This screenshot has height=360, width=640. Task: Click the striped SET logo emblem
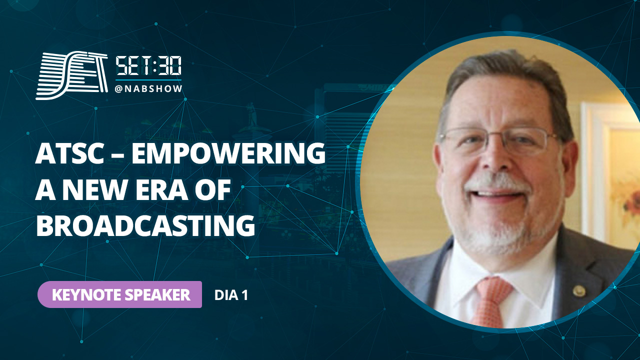[71, 75]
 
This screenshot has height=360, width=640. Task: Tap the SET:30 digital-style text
[148, 66]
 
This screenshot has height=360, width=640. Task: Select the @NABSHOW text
[148, 89]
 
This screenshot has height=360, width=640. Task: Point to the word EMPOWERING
[228, 154]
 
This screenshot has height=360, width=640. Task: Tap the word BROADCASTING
[145, 226]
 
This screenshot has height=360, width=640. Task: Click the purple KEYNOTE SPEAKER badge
[119, 294]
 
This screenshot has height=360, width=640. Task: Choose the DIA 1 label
[231, 295]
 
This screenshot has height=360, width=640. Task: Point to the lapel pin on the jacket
[579, 291]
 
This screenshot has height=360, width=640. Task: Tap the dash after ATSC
[117, 155]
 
